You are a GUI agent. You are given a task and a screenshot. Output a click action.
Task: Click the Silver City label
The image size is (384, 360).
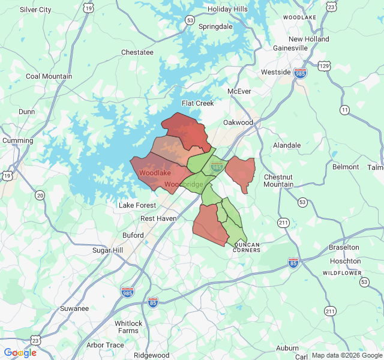(35, 10)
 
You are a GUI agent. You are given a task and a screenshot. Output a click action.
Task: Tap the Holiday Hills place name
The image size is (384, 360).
(227, 9)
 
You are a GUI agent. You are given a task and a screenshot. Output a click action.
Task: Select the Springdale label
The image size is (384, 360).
(215, 27)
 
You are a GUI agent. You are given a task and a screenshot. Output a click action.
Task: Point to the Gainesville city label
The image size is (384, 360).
(290, 48)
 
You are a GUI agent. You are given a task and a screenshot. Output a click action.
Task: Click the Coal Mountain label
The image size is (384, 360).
(49, 76)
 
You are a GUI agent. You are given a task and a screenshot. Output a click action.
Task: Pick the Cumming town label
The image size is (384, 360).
(17, 140)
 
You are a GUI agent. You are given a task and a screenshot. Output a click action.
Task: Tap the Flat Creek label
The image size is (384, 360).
(198, 103)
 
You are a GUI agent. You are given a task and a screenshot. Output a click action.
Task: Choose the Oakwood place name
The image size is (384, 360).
(238, 122)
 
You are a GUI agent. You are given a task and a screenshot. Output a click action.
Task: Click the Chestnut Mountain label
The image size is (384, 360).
(278, 181)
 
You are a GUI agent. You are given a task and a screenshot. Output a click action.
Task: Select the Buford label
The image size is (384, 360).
(133, 235)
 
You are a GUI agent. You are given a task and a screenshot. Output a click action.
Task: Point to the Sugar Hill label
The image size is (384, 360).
(107, 250)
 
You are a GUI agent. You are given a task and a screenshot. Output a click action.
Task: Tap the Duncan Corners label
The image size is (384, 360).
(247, 247)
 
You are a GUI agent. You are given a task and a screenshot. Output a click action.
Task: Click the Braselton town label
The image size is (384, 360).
(344, 247)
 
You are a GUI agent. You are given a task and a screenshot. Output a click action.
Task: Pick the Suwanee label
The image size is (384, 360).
(74, 308)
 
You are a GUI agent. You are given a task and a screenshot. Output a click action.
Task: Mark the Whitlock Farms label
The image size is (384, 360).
(128, 327)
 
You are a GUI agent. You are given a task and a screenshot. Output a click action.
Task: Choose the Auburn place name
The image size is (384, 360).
(287, 348)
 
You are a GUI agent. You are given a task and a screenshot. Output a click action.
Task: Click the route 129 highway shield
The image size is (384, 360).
(325, 65)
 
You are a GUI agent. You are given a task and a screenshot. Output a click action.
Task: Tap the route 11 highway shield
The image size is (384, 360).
(344, 110)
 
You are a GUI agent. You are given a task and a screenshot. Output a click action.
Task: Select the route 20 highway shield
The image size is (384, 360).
(40, 195)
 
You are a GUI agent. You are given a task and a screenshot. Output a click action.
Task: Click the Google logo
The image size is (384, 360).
(20, 353)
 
